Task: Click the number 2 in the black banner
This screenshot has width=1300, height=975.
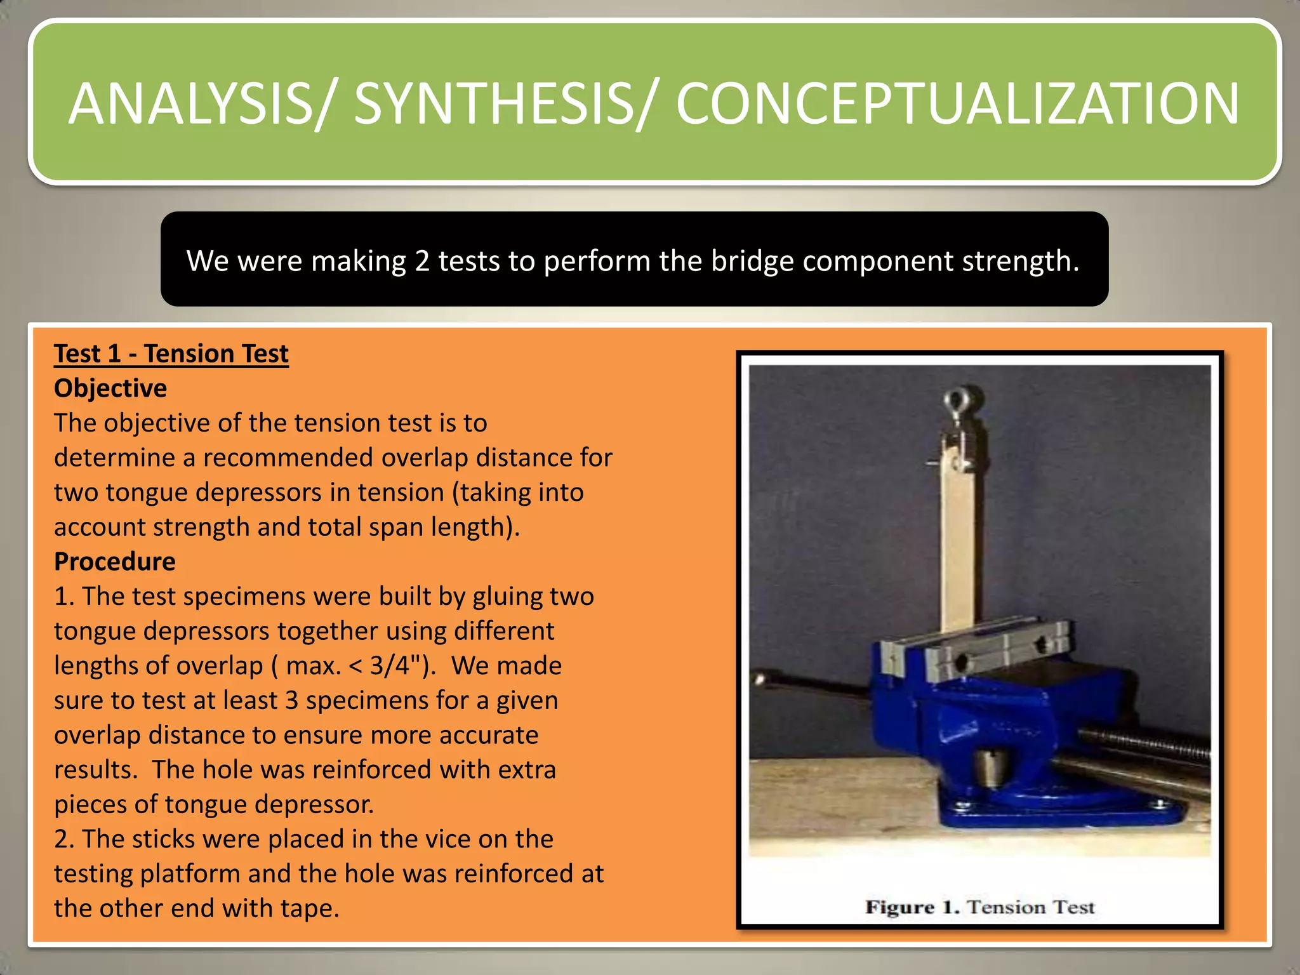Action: pyautogui.click(x=422, y=261)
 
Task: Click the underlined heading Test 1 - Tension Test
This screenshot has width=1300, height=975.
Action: pyautogui.click(x=171, y=354)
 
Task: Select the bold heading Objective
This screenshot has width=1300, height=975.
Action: pyautogui.click(x=110, y=388)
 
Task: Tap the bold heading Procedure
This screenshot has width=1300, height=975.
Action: pyautogui.click(x=115, y=562)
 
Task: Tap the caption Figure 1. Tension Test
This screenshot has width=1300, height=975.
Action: pyautogui.click(x=979, y=907)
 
